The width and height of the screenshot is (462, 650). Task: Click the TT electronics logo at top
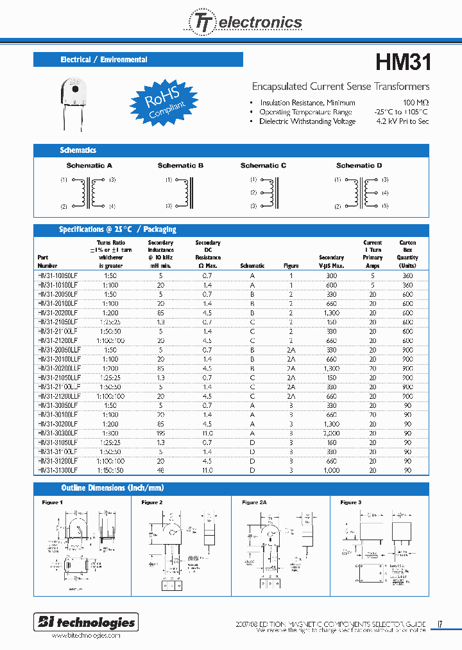pyautogui.click(x=244, y=22)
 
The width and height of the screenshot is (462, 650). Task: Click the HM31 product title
pyautogui.click(x=402, y=62)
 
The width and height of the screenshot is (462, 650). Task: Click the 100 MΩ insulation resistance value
pyautogui.click(x=416, y=103)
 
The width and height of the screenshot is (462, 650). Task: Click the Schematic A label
pyautogui.click(x=89, y=166)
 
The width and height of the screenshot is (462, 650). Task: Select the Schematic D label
pyautogui.click(x=359, y=166)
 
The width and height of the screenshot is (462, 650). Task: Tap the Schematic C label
pyautogui.click(x=263, y=166)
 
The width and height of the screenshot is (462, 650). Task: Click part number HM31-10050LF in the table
pyautogui.click(x=58, y=275)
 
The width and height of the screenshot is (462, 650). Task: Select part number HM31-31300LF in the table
pyautogui.click(x=58, y=470)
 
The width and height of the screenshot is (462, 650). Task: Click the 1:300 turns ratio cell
pyautogui.click(x=111, y=434)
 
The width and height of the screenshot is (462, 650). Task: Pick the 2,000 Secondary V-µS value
pyautogui.click(x=331, y=434)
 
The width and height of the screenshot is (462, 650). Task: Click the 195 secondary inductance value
pyautogui.click(x=160, y=434)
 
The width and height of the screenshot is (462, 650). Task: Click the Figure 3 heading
pyautogui.click(x=351, y=502)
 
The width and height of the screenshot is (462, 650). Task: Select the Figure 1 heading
pyautogui.click(x=52, y=502)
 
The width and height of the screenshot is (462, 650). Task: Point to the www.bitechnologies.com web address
pyautogui.click(x=85, y=635)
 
